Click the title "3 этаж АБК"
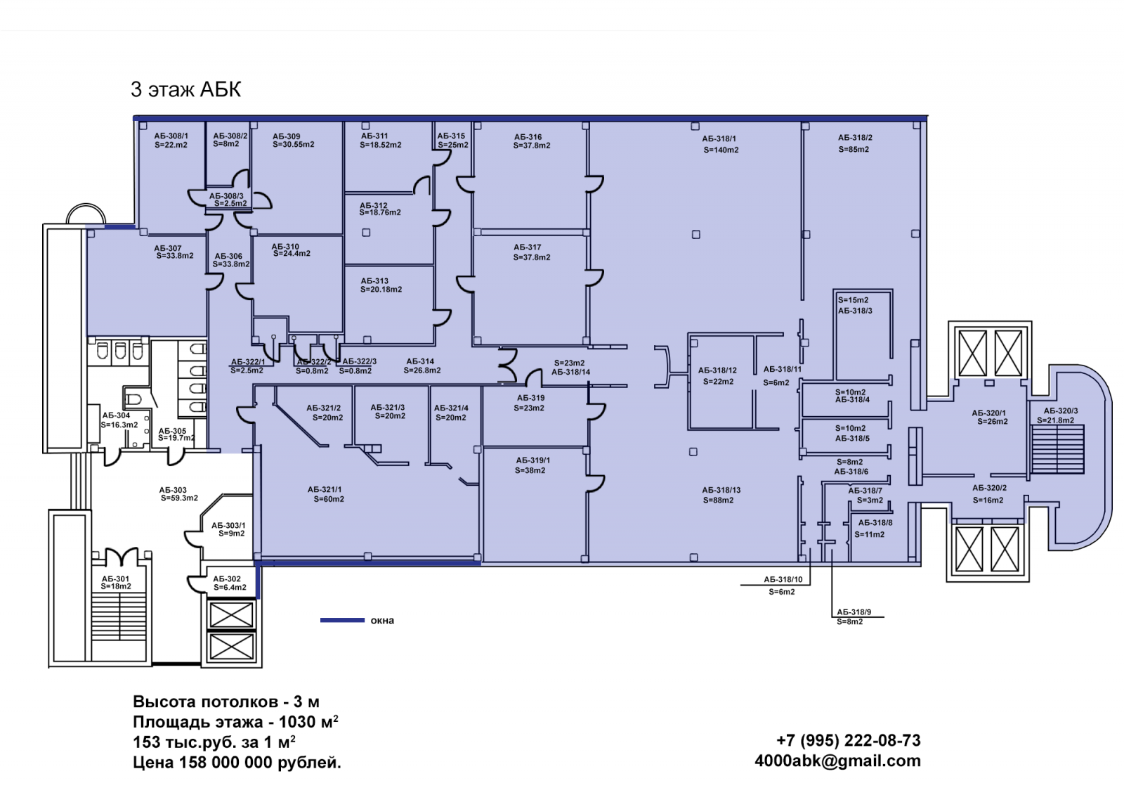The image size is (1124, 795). pos(185,89)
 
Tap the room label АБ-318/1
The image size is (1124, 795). pos(719,138)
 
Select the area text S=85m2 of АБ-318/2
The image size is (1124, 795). pos(854,149)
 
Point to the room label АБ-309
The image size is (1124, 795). pos(286,136)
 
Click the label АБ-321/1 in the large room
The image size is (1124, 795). pos(325,489)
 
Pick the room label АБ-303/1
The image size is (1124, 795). pos(228,525)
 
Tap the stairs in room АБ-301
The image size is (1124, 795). pos(118,623)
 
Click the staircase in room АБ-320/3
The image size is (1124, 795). pos(1057,449)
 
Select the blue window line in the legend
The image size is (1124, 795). pos(342,620)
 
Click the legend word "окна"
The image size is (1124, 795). pos(382,621)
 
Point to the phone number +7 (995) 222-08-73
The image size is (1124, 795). pos(848,740)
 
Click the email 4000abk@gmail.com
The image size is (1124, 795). pos(837,761)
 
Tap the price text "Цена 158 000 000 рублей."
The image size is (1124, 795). pos(237,763)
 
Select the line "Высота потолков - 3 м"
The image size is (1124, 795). pos(226,702)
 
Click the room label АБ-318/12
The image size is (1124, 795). pos(717,370)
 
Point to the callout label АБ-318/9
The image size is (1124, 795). pos(854,612)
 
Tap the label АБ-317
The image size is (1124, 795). pos(528,247)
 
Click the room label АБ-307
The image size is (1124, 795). pos(168,248)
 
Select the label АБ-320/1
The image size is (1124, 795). pos(989,413)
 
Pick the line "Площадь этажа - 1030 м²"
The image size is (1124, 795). pos(235,722)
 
